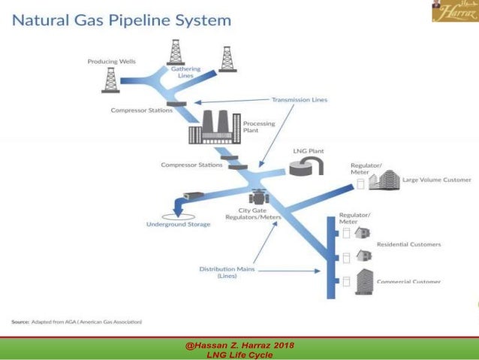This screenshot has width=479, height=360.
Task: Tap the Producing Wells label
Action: [111, 61]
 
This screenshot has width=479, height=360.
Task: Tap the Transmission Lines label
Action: [299, 99]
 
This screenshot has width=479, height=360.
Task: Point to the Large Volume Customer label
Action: [436, 180]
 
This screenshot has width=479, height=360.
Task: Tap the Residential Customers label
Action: [408, 244]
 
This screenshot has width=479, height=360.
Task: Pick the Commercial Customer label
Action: [408, 282]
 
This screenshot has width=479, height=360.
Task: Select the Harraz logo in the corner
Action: [454, 11]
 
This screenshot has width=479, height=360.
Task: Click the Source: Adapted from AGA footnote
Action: [77, 321]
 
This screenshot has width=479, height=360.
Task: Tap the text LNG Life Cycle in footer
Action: [239, 355]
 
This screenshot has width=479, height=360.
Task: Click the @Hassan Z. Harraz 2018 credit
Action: [239, 345]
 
